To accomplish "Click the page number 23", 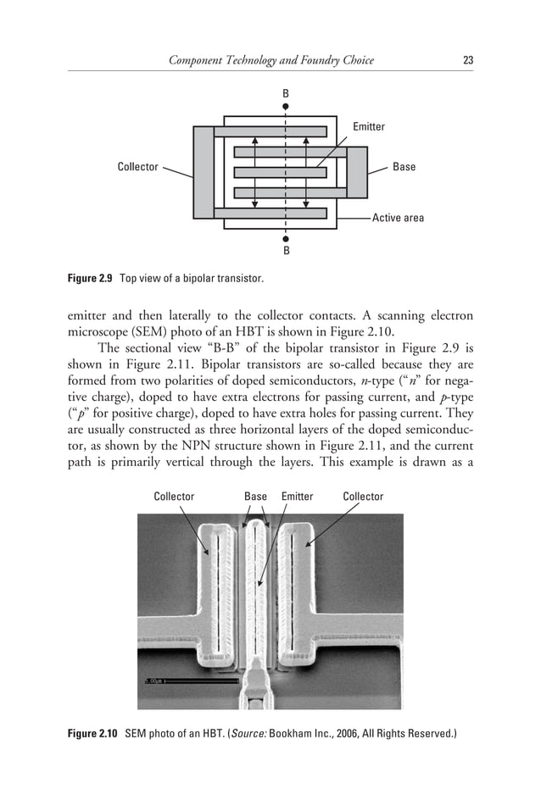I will coord(467,60).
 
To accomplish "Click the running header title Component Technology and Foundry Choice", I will coord(270,60).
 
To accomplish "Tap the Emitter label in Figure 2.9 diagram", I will coord(368,127).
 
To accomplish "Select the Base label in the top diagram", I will coord(404,167).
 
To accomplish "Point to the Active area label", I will coord(398,218).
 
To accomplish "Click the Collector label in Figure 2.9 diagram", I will coord(137,167).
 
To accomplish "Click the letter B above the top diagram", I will coord(286,92).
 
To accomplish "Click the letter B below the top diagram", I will coord(286,251).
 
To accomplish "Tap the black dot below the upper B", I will coord(286,107).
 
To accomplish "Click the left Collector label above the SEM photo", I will coord(174,497).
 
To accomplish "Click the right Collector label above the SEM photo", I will coord(363,497).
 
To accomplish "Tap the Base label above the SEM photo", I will coord(255,497).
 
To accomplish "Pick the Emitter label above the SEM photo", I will coord(297,497).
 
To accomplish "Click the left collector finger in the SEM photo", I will coord(217,593).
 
